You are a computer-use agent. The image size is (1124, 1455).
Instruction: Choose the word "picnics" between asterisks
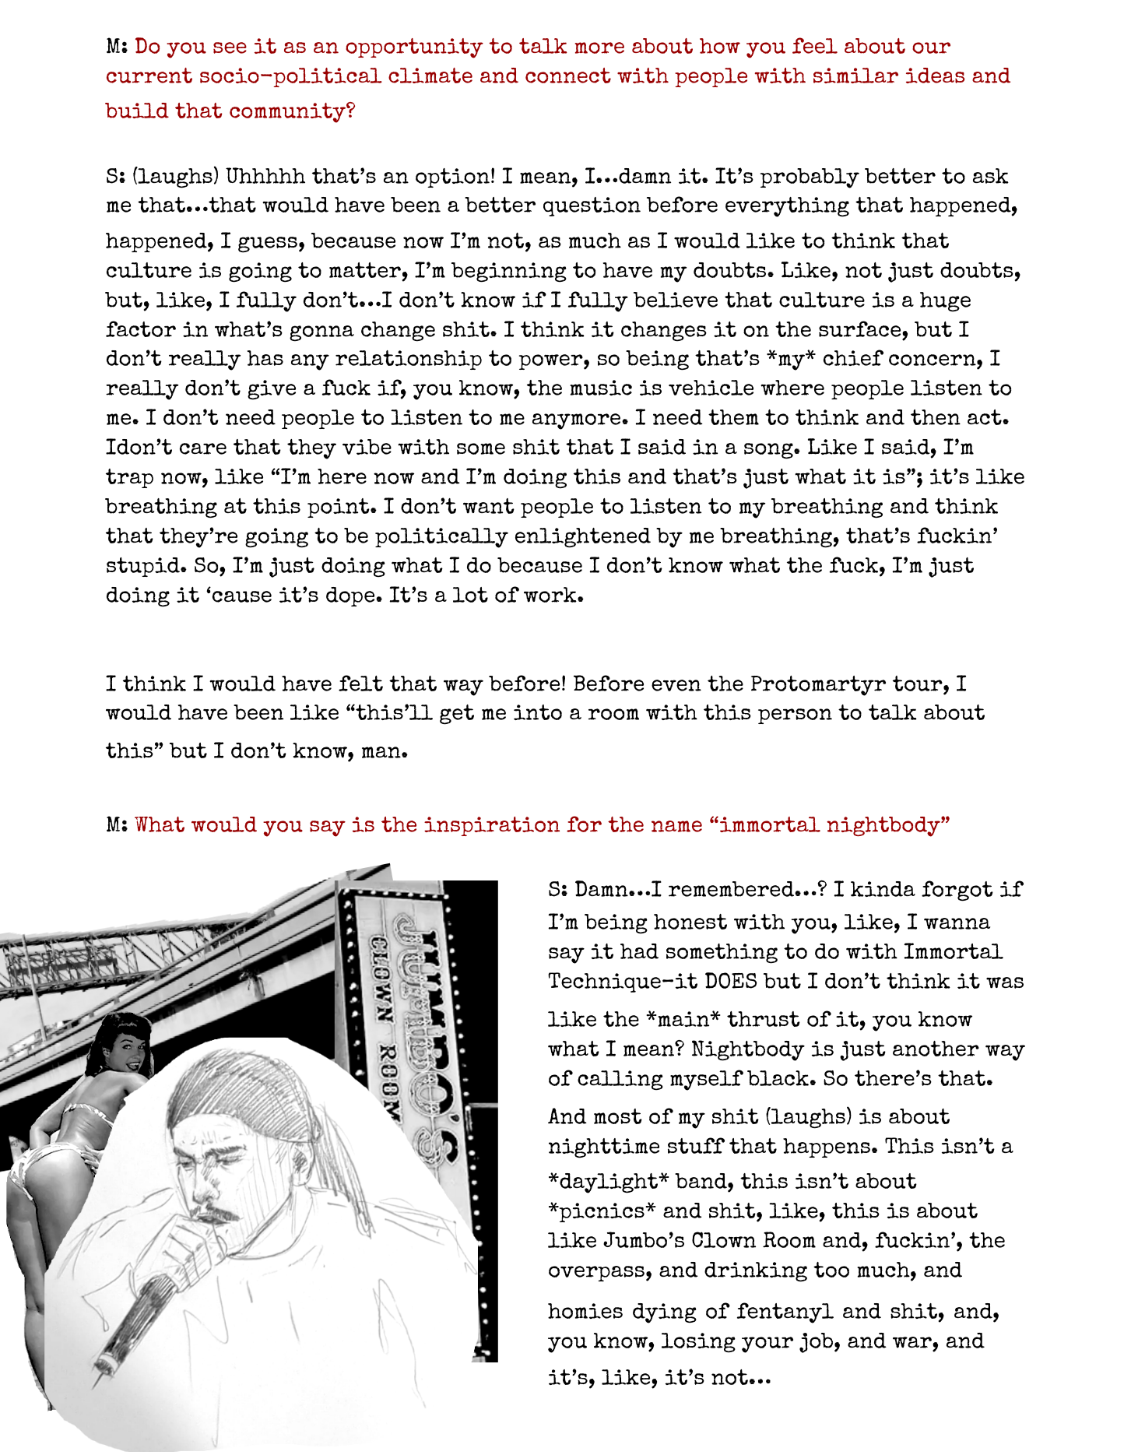point(602,1211)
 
